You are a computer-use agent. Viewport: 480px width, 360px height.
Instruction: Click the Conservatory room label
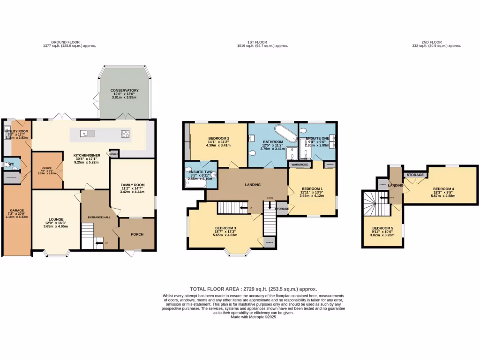pos(124,90)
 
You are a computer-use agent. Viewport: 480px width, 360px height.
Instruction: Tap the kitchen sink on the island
pos(84,134)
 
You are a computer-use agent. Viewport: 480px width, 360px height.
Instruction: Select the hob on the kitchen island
pos(126,134)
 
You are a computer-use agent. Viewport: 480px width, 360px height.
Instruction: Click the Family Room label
pos(132,185)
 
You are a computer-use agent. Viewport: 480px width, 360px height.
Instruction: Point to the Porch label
pos(136,234)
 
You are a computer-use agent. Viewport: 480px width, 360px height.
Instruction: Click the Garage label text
pos(17,210)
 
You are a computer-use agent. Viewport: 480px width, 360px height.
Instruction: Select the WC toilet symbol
pos(6,165)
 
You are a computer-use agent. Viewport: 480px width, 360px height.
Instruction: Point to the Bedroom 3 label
pos(225,228)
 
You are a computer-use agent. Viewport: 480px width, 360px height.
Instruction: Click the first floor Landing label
pos(253,185)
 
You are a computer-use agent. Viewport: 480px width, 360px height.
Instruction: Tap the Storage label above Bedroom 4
pos(415,175)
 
